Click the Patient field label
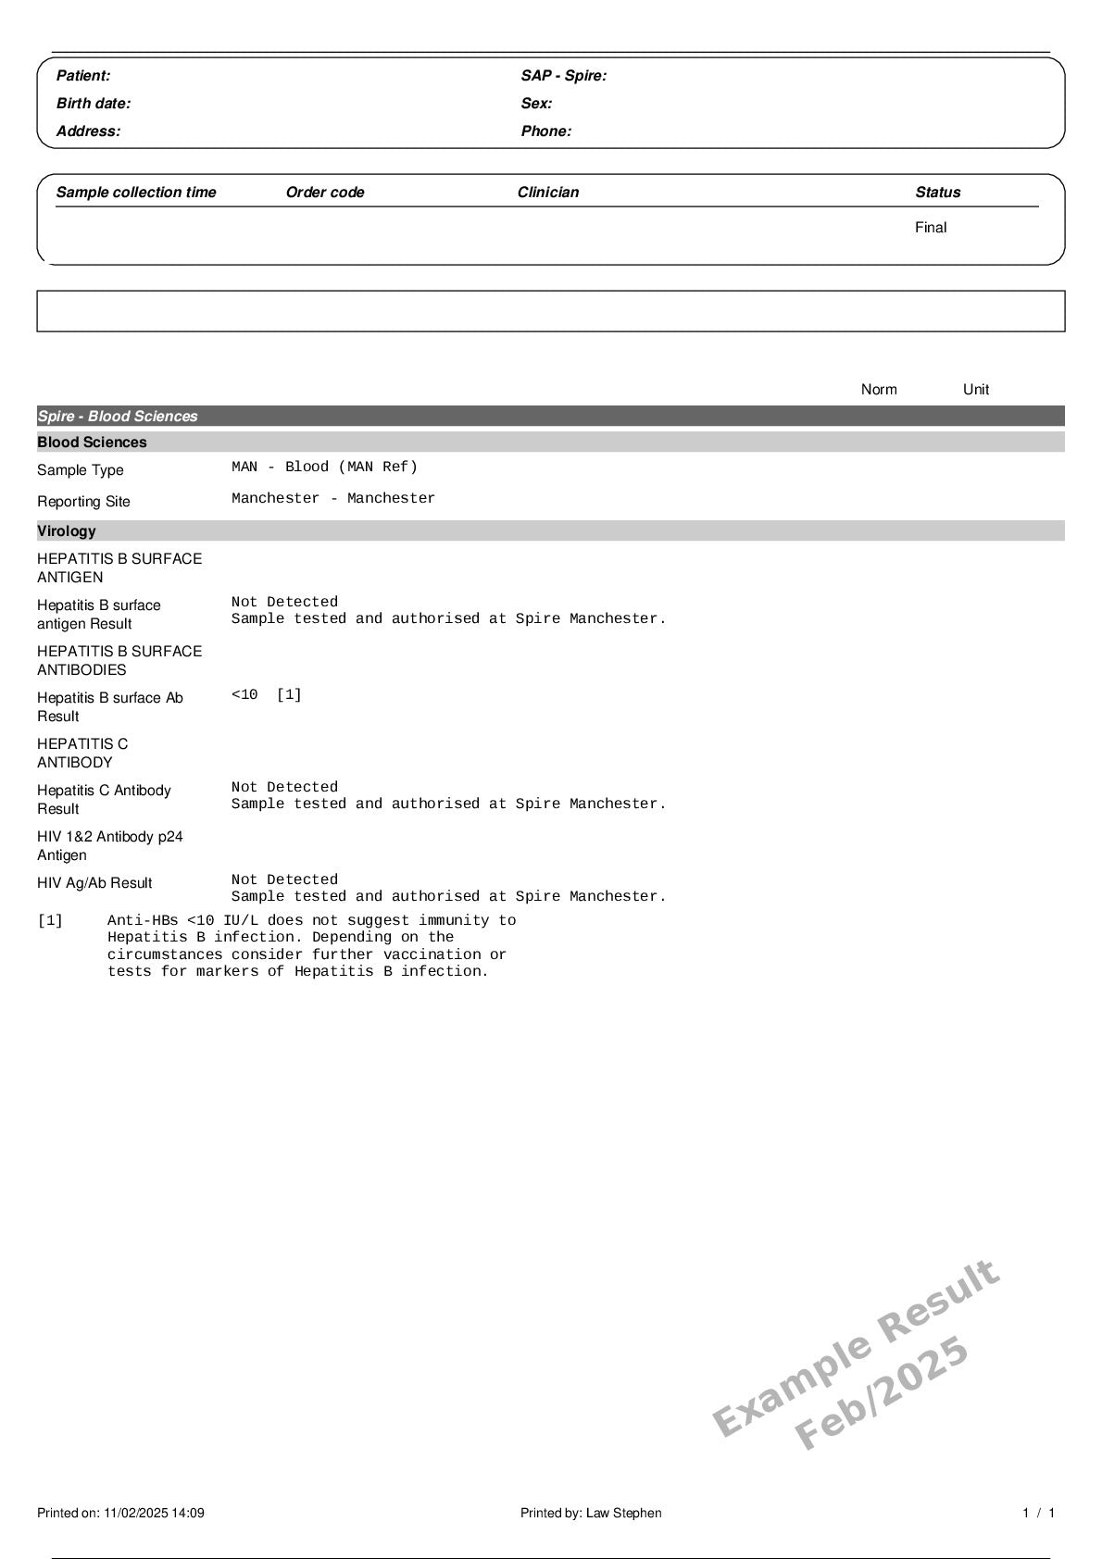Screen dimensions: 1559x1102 click(83, 76)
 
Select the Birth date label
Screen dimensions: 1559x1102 click(94, 104)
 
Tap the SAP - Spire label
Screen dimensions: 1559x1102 click(563, 76)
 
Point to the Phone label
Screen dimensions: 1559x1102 click(545, 131)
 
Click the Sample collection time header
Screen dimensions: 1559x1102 click(136, 193)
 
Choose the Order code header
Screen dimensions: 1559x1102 click(325, 193)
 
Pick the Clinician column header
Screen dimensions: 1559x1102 click(548, 193)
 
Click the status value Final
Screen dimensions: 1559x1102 click(931, 228)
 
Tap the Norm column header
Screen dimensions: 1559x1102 click(879, 390)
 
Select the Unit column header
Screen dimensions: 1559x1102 click(976, 390)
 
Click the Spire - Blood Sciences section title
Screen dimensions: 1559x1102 click(118, 417)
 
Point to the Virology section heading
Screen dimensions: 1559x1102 click(67, 531)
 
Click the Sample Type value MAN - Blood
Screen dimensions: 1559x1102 click(324, 467)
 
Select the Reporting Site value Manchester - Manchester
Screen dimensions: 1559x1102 click(333, 498)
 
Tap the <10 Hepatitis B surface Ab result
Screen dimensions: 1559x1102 click(244, 694)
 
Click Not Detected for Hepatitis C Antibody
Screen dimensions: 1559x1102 click(284, 787)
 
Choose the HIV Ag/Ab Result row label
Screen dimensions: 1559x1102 click(94, 883)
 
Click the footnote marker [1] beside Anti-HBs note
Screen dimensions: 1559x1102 click(50, 920)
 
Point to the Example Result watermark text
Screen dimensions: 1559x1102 click(856, 1348)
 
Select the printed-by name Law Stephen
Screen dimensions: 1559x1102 click(623, 1513)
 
